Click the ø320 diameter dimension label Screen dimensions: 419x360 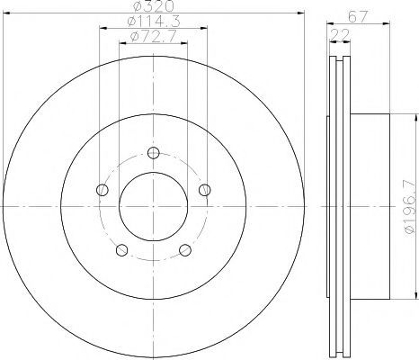pos(153,5)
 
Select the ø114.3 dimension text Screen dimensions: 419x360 pos(154,21)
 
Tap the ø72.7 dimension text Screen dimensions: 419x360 pos(153,36)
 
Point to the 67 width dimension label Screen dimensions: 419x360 pos(358,17)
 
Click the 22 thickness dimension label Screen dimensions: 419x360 pos(340,35)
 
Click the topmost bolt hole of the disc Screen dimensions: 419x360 pos(154,153)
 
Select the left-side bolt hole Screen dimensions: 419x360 pos(103,190)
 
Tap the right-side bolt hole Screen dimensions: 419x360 pos(205,190)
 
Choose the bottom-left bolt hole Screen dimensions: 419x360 pos(121,250)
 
